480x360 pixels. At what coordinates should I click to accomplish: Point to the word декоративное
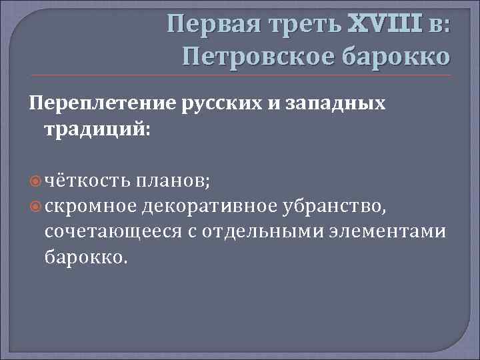[x=208, y=207]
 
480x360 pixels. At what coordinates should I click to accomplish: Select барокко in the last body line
[x=84, y=256]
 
